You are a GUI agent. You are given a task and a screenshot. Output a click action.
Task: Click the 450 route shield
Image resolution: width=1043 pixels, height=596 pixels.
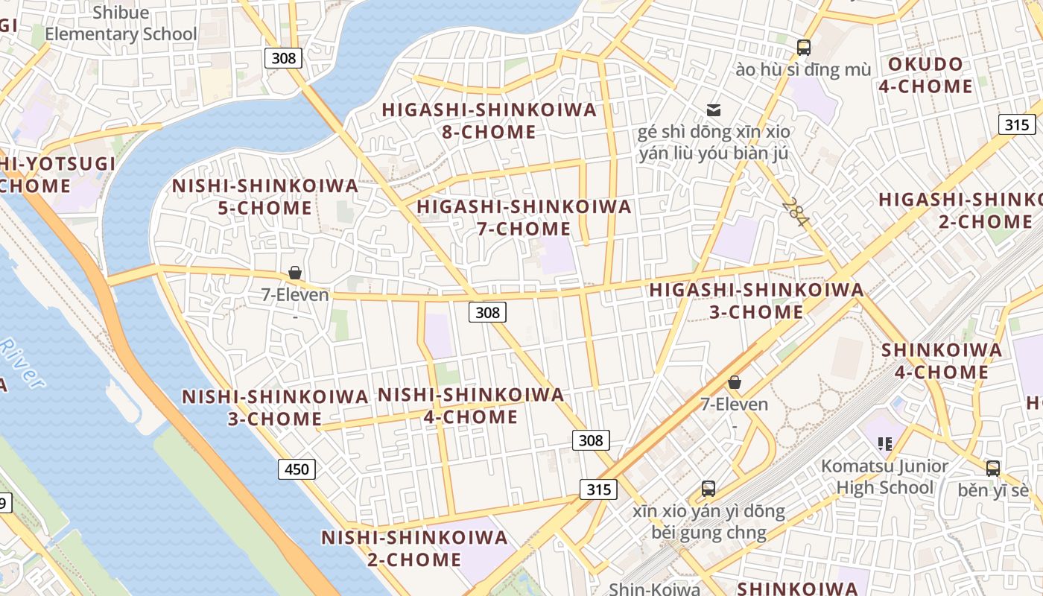tap(297, 469)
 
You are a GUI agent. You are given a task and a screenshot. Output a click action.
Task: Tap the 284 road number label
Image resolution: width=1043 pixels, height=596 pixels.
tap(795, 213)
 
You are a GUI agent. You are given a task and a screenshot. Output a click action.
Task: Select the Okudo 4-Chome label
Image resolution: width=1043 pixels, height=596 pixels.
tap(925, 75)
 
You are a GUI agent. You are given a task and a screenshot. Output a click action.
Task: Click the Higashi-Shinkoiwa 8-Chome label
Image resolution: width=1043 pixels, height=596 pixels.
tap(489, 121)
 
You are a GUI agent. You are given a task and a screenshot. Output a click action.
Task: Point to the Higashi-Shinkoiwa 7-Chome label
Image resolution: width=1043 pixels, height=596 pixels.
tap(524, 218)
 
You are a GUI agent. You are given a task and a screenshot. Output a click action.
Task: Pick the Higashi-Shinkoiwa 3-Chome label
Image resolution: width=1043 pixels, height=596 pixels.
tap(756, 301)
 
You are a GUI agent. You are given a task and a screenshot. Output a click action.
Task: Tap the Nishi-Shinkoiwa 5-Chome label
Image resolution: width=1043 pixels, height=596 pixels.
tap(265, 197)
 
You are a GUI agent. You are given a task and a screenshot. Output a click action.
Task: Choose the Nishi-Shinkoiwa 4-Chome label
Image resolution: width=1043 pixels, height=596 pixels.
tap(471, 406)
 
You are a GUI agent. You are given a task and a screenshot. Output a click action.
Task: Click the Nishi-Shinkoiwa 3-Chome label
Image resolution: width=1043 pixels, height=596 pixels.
tap(275, 408)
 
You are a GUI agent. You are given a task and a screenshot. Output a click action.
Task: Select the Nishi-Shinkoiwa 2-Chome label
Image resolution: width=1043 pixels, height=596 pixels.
tap(414, 548)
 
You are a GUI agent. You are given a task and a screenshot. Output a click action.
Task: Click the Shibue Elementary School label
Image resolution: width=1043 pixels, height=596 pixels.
tap(121, 23)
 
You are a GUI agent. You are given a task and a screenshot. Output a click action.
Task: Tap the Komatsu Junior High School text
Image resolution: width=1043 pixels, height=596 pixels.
tap(884, 477)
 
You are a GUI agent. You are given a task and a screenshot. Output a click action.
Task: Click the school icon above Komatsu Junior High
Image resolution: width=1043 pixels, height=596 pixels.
tap(885, 444)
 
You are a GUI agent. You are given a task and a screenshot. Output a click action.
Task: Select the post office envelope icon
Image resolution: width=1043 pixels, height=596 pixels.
tap(714, 110)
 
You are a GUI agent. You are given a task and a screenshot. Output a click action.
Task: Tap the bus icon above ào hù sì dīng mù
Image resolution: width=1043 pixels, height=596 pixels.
tap(803, 48)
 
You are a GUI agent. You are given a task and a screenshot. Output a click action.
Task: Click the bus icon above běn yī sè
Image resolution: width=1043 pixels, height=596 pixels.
tap(992, 468)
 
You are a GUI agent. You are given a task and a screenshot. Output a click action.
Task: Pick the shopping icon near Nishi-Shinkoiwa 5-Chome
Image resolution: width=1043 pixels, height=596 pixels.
tap(295, 273)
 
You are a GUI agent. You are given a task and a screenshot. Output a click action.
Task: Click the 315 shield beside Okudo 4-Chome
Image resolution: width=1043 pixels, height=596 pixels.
tap(1016, 124)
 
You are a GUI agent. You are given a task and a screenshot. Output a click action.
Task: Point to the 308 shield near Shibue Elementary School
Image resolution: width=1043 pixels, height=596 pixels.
tap(283, 57)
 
